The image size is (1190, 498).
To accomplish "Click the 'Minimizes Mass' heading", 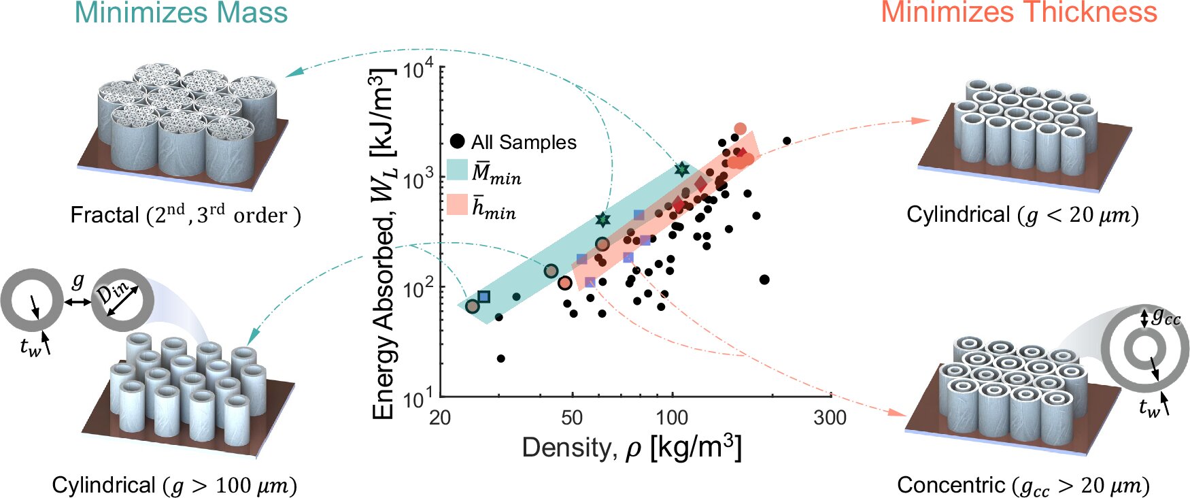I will point(181,14).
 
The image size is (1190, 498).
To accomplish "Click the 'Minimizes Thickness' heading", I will point(1019,12).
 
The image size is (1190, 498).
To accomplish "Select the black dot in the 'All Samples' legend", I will point(458,142).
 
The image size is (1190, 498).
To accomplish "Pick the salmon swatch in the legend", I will point(457,205).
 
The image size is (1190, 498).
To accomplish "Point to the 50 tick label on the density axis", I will point(571,417).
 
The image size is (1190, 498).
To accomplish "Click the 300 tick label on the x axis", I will point(830,417).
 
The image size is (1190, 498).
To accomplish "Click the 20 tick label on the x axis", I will point(440,417).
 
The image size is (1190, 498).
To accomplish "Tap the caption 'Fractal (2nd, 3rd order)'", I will point(186,215).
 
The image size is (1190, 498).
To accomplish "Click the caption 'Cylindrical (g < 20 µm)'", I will point(1022,215).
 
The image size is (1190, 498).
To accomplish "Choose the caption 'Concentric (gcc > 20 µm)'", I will point(1023,485).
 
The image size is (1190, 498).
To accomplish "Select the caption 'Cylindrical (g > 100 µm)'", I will point(174,485).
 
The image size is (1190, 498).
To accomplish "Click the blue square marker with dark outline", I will point(483,297).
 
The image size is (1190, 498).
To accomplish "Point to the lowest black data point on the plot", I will point(501,359).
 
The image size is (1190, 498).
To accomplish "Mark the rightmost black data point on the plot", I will point(787,141).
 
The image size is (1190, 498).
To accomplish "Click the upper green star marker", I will point(682,169).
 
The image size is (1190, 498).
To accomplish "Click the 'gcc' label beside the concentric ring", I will point(1166,316).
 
